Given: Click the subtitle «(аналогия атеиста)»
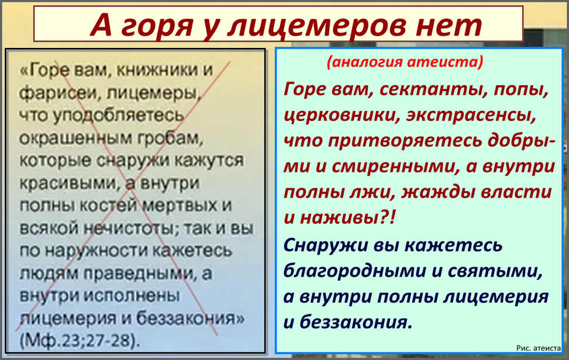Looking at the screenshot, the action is pyautogui.click(x=405, y=61).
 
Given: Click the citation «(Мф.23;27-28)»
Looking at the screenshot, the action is pyautogui.click(x=80, y=341).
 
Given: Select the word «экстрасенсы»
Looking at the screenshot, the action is pyautogui.click(x=471, y=116).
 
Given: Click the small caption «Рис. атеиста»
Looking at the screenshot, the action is pyautogui.click(x=539, y=348).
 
